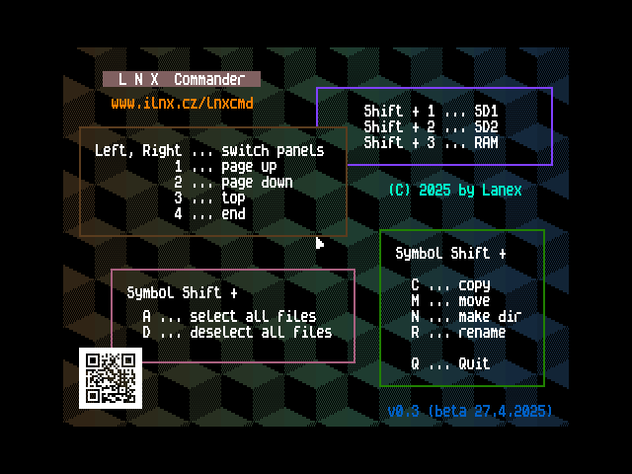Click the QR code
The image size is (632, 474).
[111, 378]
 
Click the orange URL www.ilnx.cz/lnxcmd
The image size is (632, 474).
[182, 103]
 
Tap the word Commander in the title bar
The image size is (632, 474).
[209, 79]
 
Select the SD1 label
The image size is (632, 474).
[486, 111]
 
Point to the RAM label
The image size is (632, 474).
[486, 142]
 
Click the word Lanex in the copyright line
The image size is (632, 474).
[502, 190]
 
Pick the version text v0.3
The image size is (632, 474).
[403, 411]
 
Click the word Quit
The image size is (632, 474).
[474, 363]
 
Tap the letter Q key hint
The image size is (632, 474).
[415, 363]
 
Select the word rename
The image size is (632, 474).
[482, 332]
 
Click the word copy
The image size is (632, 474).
[474, 285]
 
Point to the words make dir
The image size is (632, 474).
[490, 316]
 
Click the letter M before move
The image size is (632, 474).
[415, 300]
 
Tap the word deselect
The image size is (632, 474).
[221, 332]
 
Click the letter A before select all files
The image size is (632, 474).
[146, 316]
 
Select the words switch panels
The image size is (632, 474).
[273, 151]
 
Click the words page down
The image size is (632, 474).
[257, 182]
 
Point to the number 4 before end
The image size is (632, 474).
[178, 213]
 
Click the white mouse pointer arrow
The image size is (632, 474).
[320, 243]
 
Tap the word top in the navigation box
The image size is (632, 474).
[233, 197]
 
